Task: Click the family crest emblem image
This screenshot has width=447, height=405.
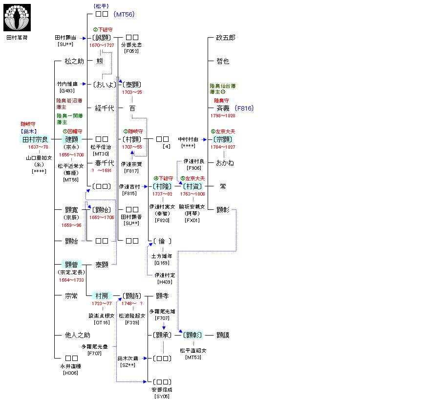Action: pos(17,18)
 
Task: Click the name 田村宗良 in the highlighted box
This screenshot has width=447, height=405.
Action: pos(35,139)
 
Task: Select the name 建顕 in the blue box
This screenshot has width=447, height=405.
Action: pos(71,139)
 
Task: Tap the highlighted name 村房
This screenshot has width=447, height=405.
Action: pos(102,296)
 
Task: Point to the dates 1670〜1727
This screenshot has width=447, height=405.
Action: pos(102,45)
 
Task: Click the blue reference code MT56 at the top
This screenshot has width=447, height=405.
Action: pos(124,15)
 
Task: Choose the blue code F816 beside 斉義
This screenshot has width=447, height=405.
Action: pos(244,108)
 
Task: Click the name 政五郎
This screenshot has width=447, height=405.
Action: pos(226,38)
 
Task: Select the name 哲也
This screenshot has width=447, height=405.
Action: pos(223,61)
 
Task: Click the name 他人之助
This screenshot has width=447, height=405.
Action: pos(78,335)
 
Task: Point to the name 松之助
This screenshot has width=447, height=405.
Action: pos(74,61)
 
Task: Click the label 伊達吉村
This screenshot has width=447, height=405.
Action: pos(129,187)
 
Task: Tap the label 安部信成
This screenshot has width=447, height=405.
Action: pos(162,390)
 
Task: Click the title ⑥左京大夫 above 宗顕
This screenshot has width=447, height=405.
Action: pos(223,131)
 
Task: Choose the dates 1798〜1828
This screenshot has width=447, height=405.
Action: pos(223,116)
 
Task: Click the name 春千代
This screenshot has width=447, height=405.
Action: pos(105,163)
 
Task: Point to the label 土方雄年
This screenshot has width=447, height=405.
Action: pos(162,256)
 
